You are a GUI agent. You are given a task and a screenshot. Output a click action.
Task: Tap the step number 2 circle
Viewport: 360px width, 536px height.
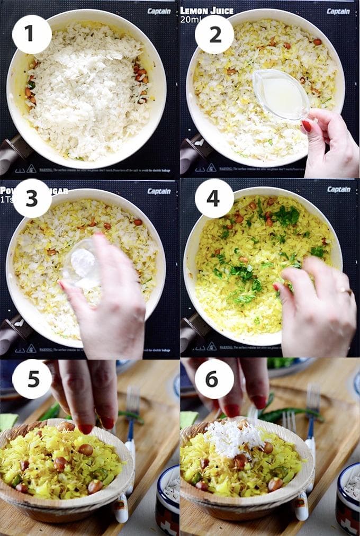pyautogui.click(x=214, y=34)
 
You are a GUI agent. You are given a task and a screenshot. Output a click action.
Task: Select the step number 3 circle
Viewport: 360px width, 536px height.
pyautogui.click(x=32, y=199)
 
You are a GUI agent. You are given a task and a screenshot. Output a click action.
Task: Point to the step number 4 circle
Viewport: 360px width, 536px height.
pyautogui.click(x=214, y=199)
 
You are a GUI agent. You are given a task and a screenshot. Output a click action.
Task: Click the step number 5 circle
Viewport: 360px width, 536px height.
pyautogui.click(x=32, y=379)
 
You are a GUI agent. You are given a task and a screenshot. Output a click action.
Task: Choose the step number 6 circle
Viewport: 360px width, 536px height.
pyautogui.click(x=214, y=379)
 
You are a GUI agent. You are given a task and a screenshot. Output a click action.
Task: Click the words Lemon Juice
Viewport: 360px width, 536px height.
pyautogui.click(x=207, y=11)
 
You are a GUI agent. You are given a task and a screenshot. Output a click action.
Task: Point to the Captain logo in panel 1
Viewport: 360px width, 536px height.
pyautogui.click(x=159, y=11)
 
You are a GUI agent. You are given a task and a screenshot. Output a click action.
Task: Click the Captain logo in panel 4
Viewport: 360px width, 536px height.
pyautogui.click(x=338, y=189)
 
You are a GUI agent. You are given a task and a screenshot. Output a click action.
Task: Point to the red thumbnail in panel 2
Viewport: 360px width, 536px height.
pyautogui.click(x=307, y=126)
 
